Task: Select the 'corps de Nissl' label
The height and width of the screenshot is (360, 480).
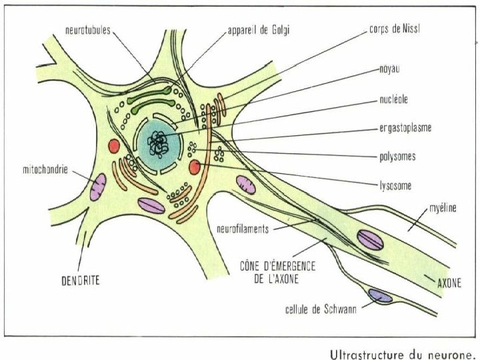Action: pyautogui.click(x=397, y=30)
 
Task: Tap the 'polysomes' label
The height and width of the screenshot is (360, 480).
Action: pyautogui.click(x=397, y=157)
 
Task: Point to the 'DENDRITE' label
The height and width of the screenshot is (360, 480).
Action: pyautogui.click(x=77, y=281)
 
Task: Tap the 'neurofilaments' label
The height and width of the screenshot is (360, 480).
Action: pyautogui.click(x=243, y=228)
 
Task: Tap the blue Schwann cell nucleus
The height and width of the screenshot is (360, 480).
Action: pyautogui.click(x=381, y=295)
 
